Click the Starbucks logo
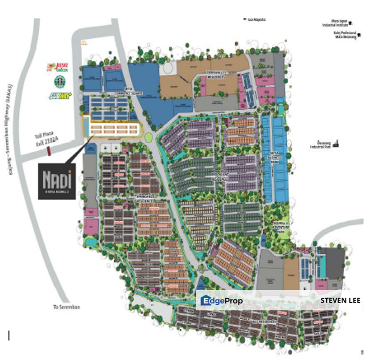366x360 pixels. click(x=60, y=81)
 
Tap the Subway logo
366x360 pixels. click(x=60, y=95)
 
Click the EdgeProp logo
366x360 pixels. click(x=221, y=300)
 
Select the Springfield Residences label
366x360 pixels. click(x=143, y=200)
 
